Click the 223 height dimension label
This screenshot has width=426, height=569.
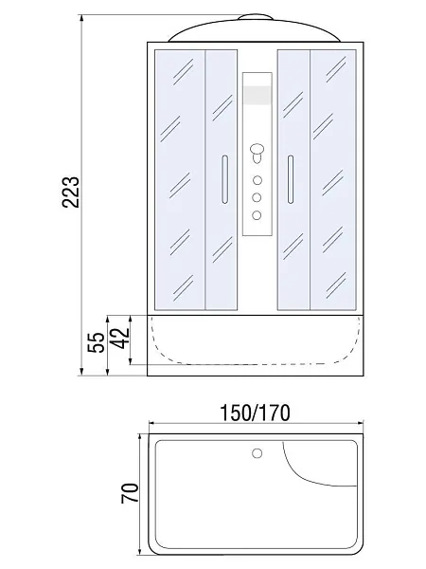pos(70,192)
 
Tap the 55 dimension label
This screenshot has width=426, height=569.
pos(97,342)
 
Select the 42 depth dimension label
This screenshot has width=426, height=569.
pos(121,338)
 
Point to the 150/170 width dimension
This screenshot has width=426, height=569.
pos(256,413)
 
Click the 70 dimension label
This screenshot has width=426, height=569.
pos(130,493)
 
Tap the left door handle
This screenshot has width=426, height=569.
pos(225,179)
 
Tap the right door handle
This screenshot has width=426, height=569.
pos(291,179)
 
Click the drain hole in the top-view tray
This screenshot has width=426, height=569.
pos(257,453)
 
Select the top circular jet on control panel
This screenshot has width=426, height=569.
pos(257,180)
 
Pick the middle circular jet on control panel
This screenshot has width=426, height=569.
pos(257,198)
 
